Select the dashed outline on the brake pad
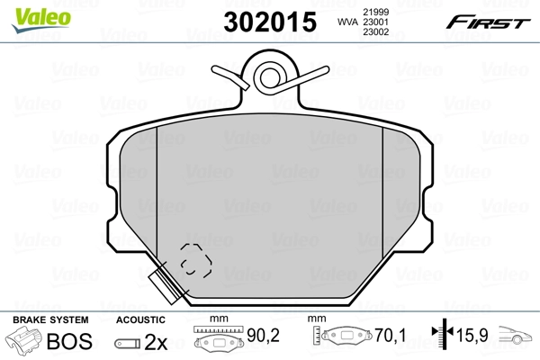coord(195,260)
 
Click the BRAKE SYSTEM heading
coord(49,319)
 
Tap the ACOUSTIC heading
coord(140,319)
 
